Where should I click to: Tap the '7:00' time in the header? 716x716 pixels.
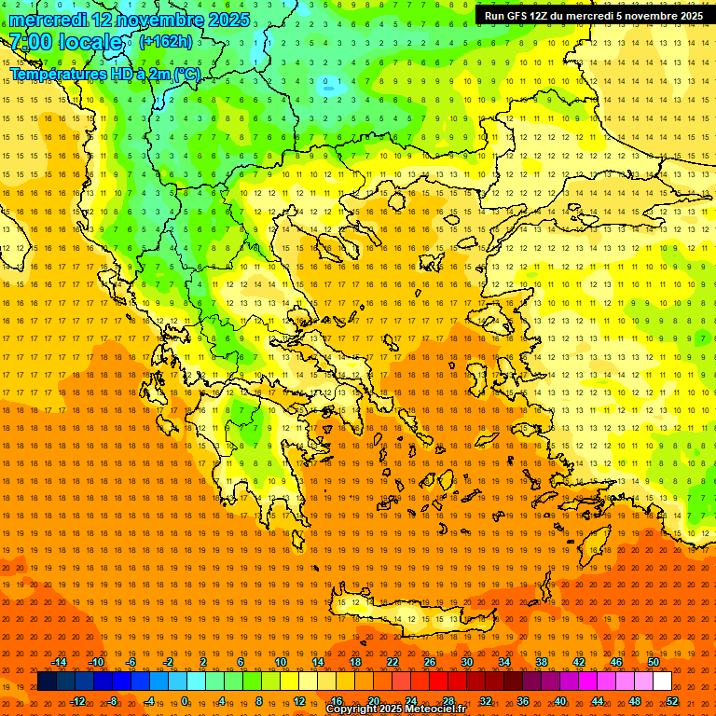click(31, 43)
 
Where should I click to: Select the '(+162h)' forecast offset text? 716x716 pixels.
click(166, 42)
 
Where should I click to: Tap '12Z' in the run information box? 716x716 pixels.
click(539, 16)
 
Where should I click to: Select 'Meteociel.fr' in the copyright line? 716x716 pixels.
click(428, 709)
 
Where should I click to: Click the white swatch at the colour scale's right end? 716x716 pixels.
click(662, 682)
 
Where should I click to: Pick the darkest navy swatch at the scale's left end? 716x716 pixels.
click(47, 682)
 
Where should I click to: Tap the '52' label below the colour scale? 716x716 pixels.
click(672, 701)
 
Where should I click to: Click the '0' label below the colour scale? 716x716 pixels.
click(185, 701)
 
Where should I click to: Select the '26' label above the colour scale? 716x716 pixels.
click(430, 662)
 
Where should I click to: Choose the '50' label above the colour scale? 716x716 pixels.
click(653, 662)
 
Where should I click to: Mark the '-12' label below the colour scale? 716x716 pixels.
click(77, 701)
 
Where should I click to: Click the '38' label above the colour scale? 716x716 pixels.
click(542, 662)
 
